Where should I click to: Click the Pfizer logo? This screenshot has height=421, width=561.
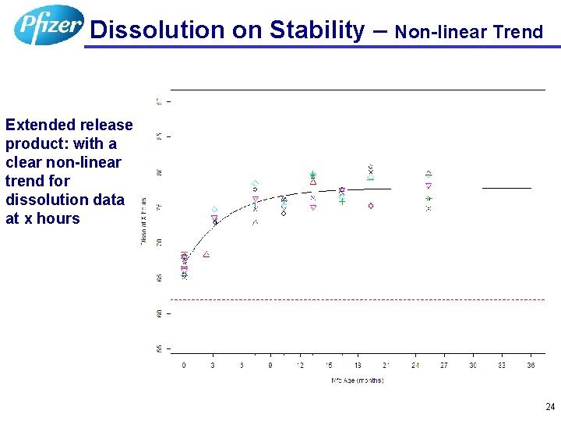(48, 25)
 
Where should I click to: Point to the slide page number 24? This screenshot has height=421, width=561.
(550, 407)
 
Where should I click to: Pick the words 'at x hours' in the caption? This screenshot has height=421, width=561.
(43, 218)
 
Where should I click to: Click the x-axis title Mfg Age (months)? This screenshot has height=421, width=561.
(357, 380)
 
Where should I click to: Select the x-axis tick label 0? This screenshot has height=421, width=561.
(184, 365)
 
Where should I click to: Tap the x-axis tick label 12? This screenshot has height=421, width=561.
(300, 365)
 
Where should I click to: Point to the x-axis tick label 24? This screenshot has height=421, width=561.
(415, 365)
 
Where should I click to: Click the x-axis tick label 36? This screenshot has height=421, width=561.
(531, 365)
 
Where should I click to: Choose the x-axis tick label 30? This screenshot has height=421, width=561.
(473, 365)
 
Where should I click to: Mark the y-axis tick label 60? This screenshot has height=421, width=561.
(159, 313)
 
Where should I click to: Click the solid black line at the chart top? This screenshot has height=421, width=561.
(358, 90)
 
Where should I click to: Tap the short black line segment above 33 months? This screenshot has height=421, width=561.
(506, 188)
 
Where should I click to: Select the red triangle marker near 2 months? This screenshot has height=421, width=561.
(206, 255)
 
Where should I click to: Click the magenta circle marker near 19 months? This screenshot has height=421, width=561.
(371, 206)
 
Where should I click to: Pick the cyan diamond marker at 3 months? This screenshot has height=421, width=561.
(214, 209)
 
